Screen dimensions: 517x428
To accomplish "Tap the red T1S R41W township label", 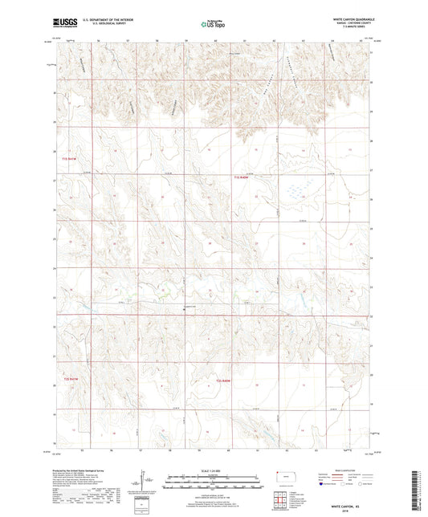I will (71, 160).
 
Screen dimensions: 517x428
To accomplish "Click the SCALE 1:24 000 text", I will (213, 470).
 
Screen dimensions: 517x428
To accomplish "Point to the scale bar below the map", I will (213, 478).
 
